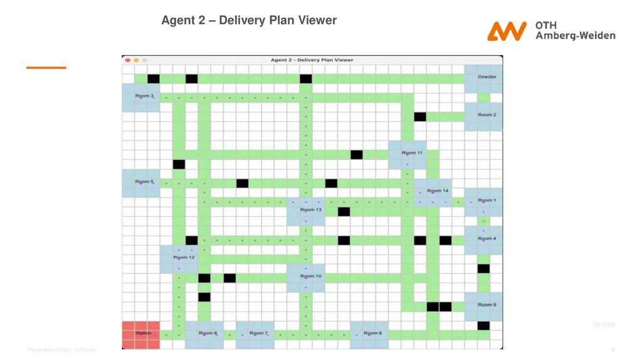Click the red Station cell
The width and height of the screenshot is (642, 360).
[141, 335]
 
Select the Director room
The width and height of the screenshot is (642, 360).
[483, 78]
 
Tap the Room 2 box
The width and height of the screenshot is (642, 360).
[483, 116]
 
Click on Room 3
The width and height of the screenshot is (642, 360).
[141, 97]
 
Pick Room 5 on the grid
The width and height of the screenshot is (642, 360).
[141, 183]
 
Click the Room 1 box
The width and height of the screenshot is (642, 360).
[483, 201]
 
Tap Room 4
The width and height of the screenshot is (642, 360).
[483, 240]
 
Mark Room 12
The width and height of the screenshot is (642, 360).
[179, 258]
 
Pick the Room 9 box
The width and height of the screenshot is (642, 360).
[483, 306]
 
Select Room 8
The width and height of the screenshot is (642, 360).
[204, 334]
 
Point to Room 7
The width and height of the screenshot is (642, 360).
[255, 334]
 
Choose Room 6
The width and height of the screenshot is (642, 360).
[369, 334]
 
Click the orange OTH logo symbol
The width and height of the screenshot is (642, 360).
[507, 31]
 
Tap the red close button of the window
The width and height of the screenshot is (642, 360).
[128, 60]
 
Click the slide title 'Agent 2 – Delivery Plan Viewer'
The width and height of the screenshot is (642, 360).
[249, 21]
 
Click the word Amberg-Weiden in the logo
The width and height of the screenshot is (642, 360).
[575, 36]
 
